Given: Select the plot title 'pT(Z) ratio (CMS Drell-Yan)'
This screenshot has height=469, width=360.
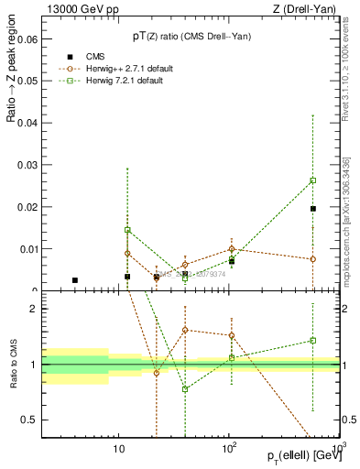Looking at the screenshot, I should [x=191, y=37].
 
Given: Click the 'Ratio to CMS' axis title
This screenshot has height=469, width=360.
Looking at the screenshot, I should [x=13, y=364].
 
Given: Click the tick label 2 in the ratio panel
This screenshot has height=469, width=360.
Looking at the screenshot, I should [x=34, y=309].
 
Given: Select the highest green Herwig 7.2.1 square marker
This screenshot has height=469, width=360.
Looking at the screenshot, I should [x=313, y=180].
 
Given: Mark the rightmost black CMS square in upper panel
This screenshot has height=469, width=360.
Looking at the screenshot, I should [x=313, y=209].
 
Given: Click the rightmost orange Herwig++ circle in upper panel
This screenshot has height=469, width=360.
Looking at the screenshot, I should [x=313, y=259].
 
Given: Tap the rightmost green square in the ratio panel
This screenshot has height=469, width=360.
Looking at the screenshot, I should [x=313, y=341].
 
